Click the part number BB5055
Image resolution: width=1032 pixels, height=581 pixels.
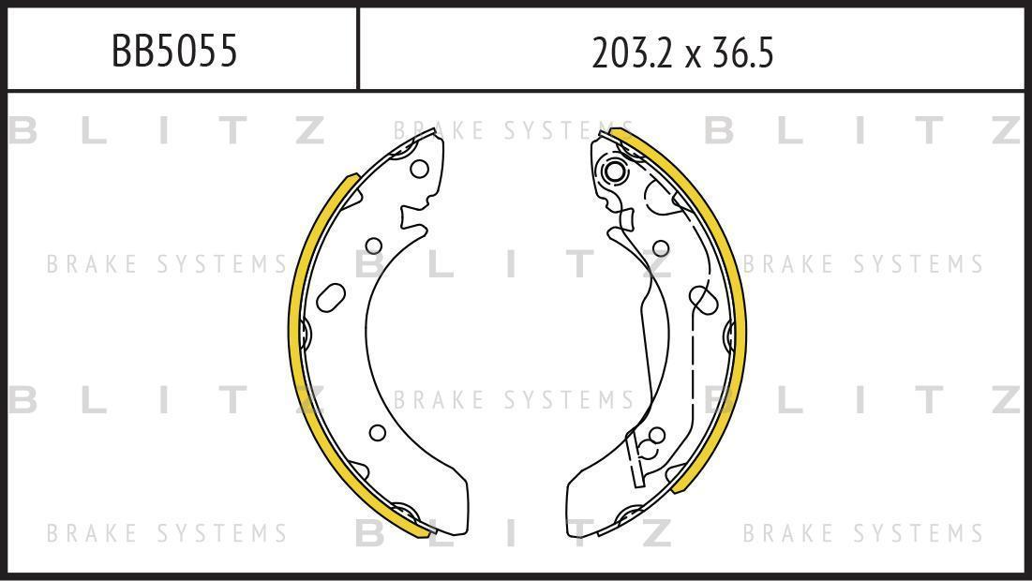tap(174, 51)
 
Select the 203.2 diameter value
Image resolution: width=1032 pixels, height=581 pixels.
tap(633, 52)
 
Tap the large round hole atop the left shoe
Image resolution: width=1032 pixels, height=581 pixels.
tap(419, 169)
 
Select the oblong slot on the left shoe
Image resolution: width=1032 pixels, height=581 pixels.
tap(330, 297)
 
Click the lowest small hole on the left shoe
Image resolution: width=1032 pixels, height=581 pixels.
tap(377, 432)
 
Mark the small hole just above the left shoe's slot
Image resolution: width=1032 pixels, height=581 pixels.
tap(374, 246)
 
